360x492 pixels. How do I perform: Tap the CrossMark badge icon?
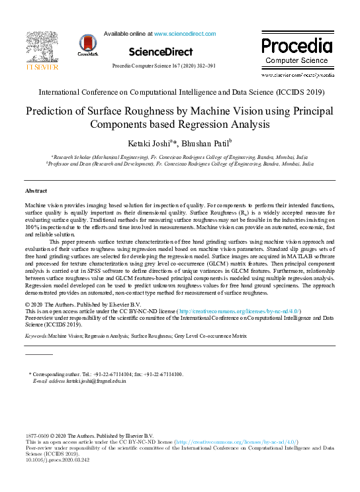(87, 45)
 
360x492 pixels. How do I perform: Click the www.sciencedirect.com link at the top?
(183, 32)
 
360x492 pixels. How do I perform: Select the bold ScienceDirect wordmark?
(160, 52)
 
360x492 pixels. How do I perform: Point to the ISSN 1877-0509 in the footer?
(38, 435)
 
